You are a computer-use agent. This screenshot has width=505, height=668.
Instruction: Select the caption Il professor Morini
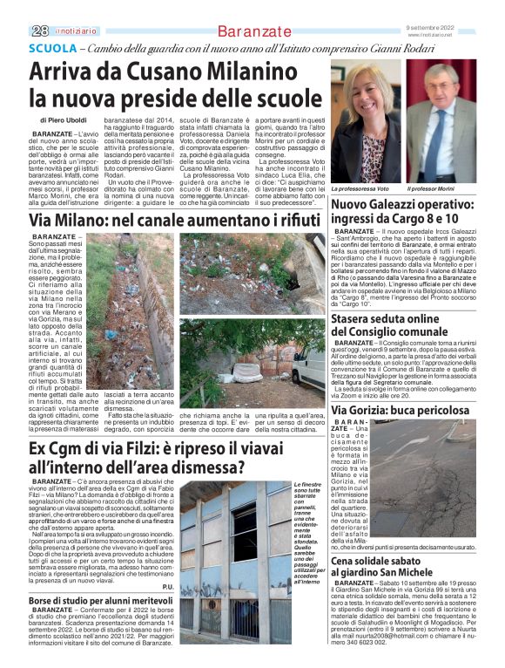[x=434, y=189]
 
